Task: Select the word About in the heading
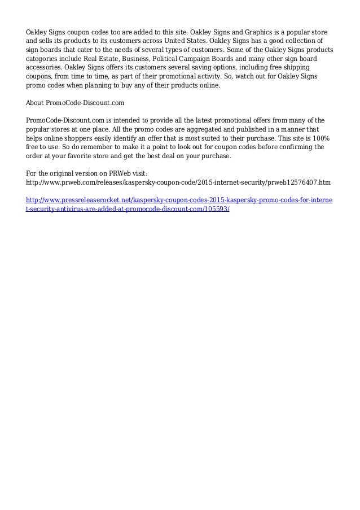point(37,104)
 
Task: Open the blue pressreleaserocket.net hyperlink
point(180,199)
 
